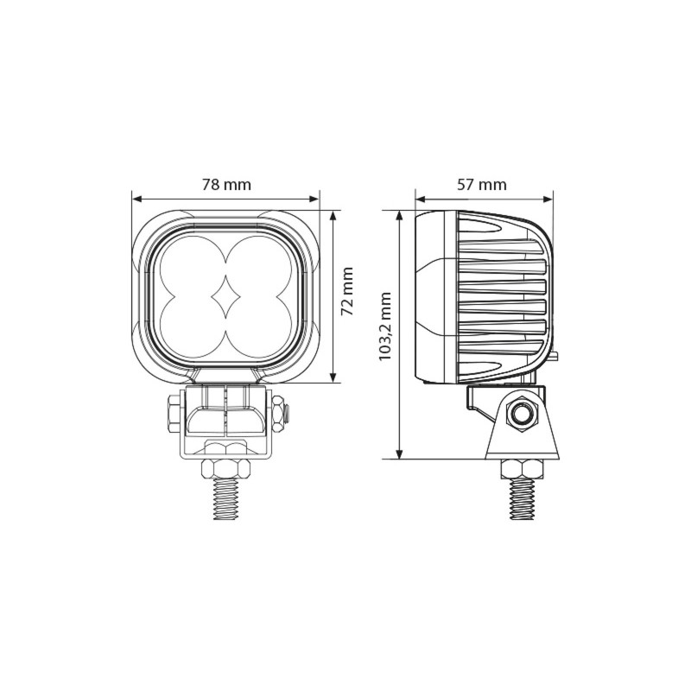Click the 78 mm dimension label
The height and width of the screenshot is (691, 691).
(x=225, y=185)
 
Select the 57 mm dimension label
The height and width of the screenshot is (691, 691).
(x=482, y=185)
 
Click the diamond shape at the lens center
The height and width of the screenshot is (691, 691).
(x=226, y=296)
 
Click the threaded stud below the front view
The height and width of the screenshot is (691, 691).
(x=226, y=500)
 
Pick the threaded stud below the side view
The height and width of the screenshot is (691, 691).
(x=523, y=500)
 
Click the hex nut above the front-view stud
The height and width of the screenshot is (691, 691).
(x=226, y=468)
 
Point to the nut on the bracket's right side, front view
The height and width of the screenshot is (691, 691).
(x=278, y=414)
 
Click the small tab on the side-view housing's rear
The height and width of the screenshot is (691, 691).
(x=555, y=354)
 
